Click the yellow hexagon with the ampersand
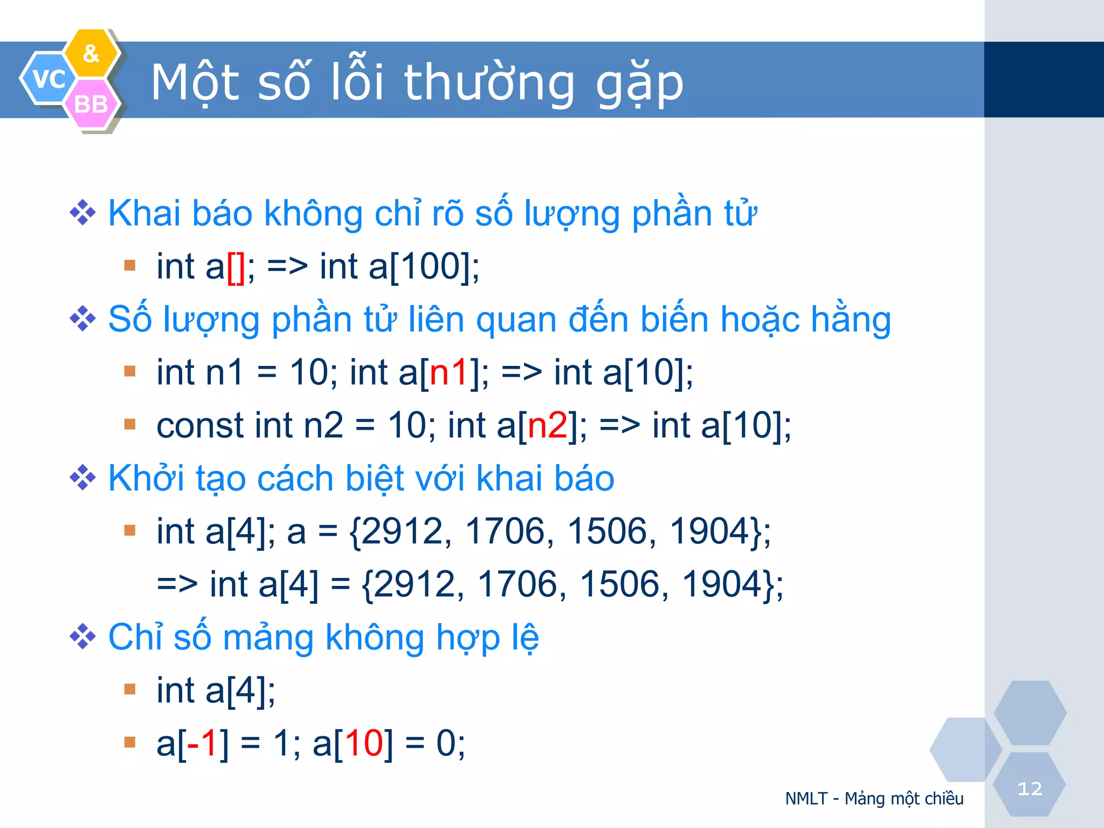[92, 53]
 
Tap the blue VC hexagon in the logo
[47, 79]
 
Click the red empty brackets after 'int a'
[236, 266]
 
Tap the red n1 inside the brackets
[448, 372]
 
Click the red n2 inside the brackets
[547, 425]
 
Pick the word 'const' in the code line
[200, 425]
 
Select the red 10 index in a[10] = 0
[364, 743]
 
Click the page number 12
[1030, 789]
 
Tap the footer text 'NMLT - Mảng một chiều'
[874, 798]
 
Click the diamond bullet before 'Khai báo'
[82, 213]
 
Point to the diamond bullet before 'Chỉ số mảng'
[82, 637]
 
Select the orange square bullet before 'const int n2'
[129, 424]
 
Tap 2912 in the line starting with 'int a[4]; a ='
[401, 531]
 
